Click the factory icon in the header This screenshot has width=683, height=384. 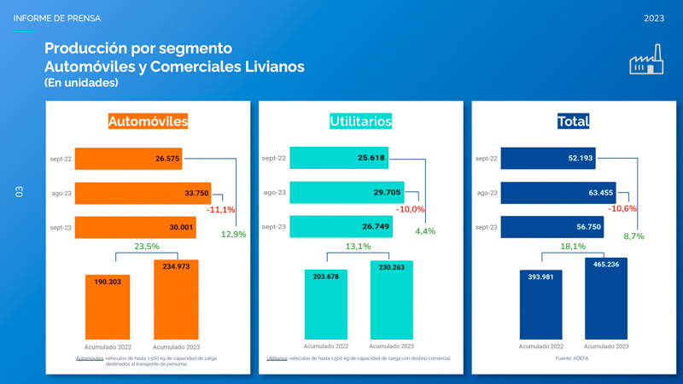click(646, 63)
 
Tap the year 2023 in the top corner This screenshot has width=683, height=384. click(656, 18)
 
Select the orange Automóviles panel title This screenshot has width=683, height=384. click(148, 121)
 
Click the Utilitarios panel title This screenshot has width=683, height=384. click(360, 121)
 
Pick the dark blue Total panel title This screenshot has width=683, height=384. click(573, 121)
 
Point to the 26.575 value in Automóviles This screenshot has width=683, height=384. click(167, 159)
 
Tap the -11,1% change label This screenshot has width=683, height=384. click(220, 210)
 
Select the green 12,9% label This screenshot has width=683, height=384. click(233, 234)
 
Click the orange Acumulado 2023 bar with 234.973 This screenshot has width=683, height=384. click(176, 299)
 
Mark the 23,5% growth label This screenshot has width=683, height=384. click(147, 247)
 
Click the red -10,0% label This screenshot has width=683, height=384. click(411, 210)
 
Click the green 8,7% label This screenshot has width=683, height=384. click(633, 236)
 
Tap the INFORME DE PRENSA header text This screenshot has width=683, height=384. click(57, 18)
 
